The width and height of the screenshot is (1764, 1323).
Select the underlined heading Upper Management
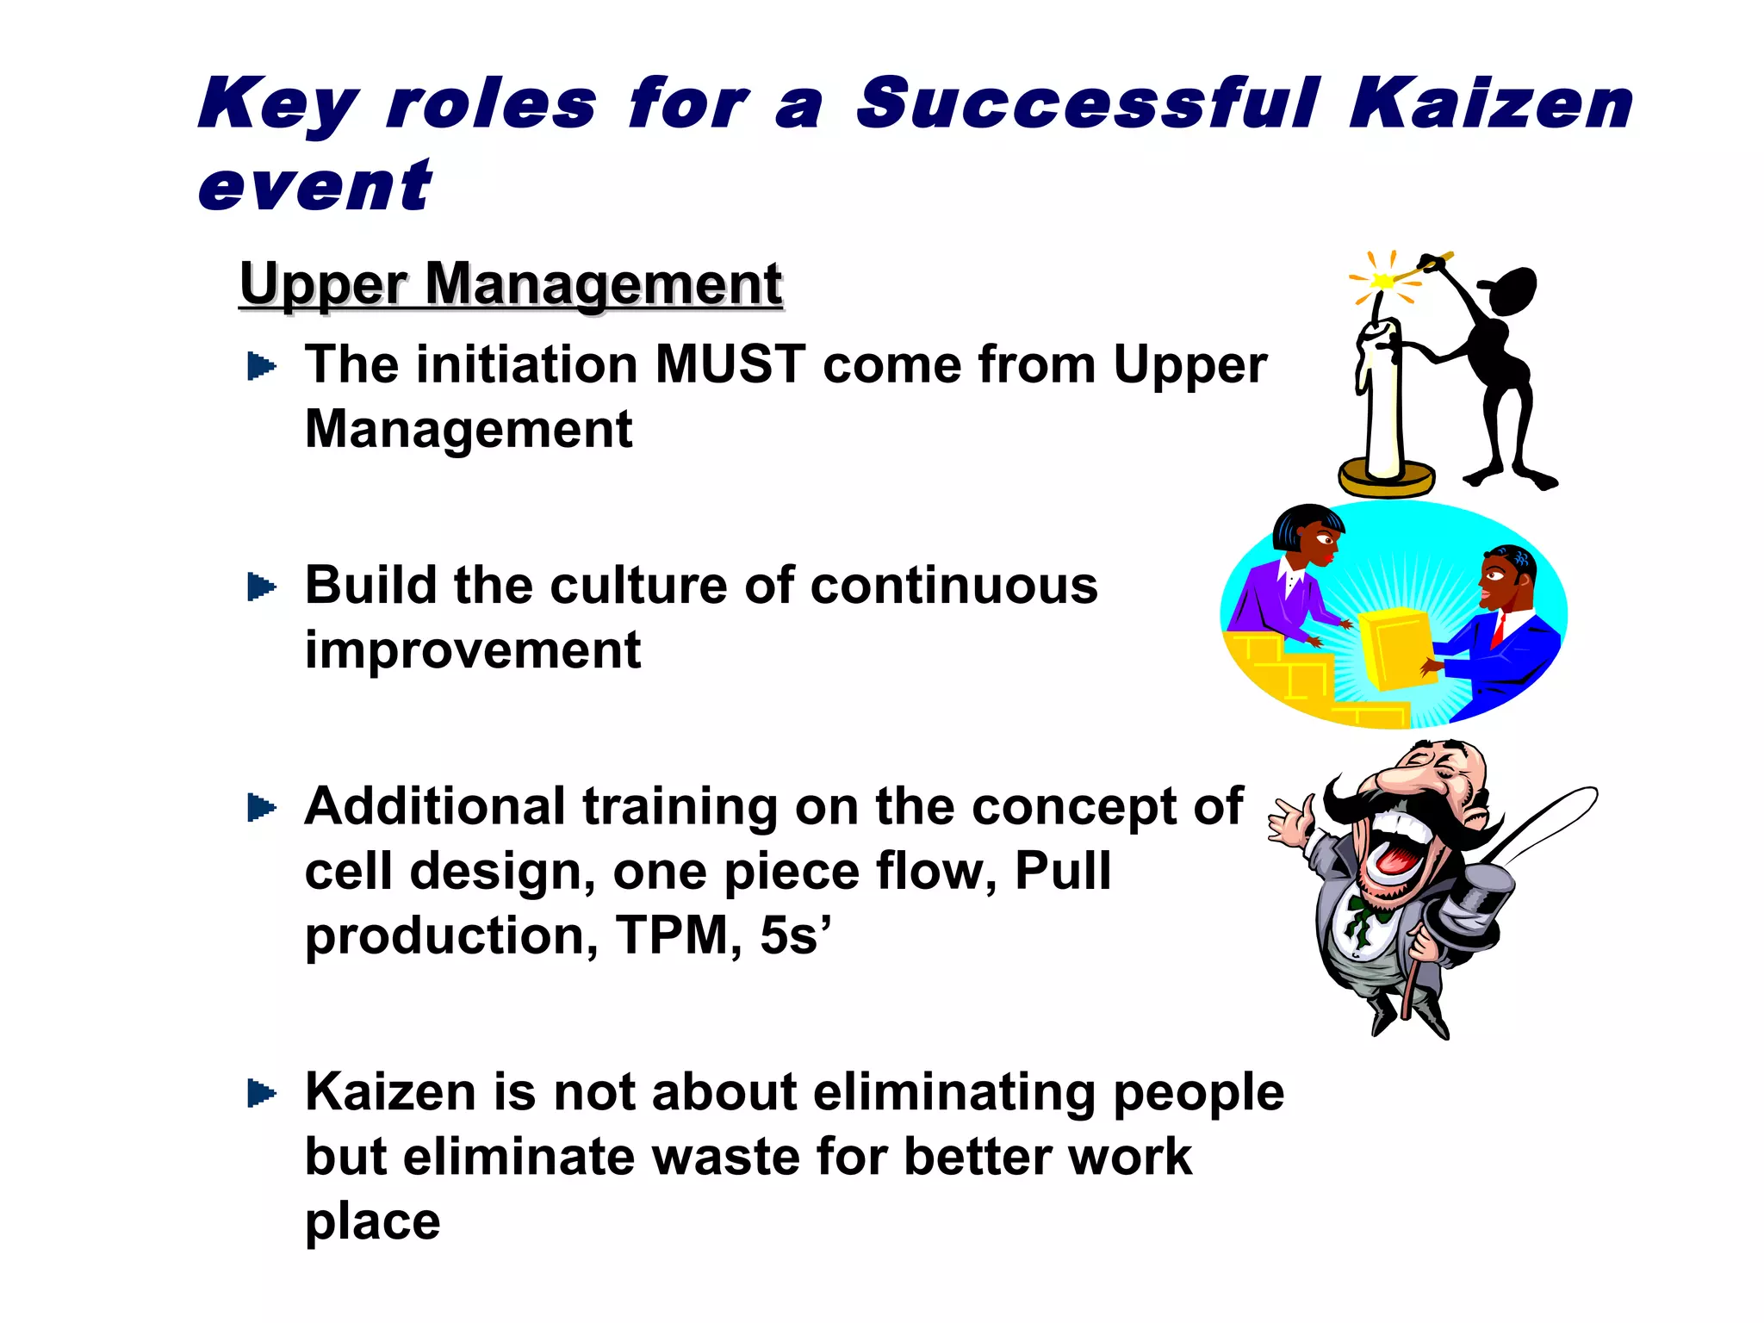[511, 284]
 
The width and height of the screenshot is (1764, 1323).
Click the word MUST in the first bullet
[730, 364]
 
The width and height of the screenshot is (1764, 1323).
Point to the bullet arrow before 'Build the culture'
[261, 587]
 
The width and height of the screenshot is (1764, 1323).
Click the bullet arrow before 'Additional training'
[261, 808]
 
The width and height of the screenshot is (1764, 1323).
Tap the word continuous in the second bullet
[953, 586]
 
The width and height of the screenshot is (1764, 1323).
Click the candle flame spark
[1382, 281]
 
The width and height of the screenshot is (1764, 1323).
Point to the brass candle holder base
[1386, 479]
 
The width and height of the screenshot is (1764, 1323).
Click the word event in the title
[314, 187]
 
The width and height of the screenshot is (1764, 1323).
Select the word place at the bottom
[372, 1221]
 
